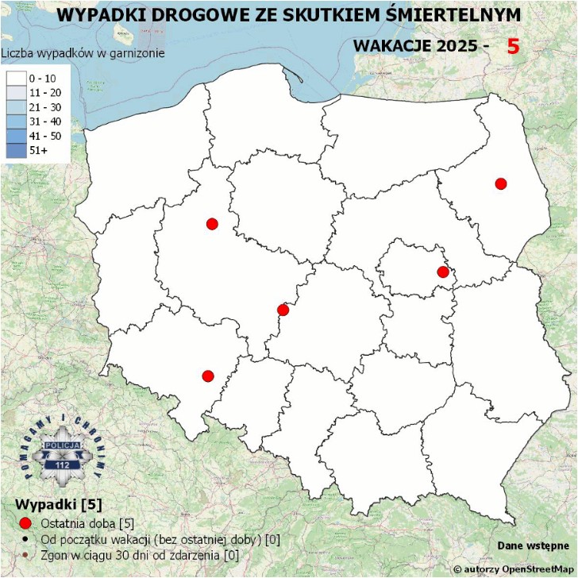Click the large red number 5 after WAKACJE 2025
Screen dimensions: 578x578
[513, 46]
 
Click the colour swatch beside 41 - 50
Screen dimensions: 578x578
[16, 135]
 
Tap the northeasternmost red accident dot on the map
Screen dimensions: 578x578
[500, 184]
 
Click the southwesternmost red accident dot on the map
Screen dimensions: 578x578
[208, 376]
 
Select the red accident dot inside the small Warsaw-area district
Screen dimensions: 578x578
[443, 273]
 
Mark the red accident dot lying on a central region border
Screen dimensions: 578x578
[283, 310]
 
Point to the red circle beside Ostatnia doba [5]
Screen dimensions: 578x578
[25, 522]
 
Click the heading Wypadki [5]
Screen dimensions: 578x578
[59, 505]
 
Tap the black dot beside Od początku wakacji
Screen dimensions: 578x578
[25, 539]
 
